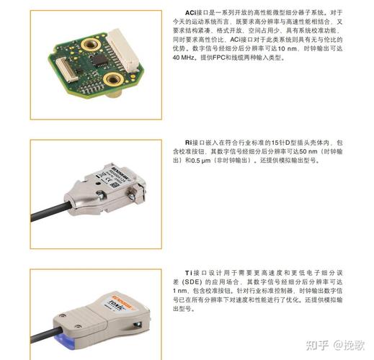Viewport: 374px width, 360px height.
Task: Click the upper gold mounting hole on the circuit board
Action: pos(92,45)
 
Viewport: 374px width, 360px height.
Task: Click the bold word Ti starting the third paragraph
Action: pos(190,274)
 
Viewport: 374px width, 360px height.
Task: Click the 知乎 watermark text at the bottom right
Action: pos(314,343)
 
